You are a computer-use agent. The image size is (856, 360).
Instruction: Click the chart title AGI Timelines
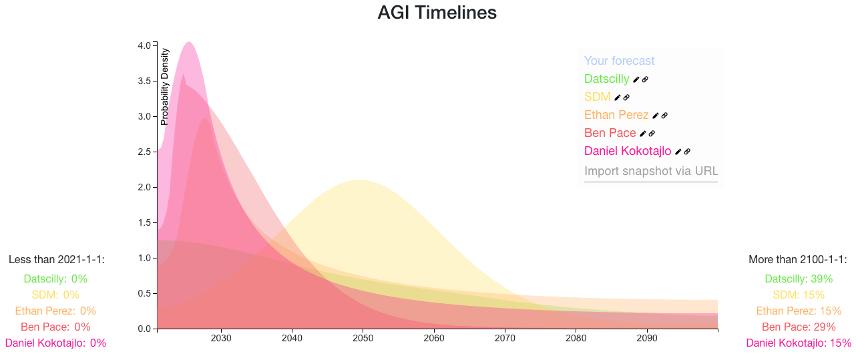click(x=437, y=12)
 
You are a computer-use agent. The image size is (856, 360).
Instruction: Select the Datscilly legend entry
click(x=606, y=79)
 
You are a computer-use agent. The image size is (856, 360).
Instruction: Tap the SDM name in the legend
click(x=598, y=97)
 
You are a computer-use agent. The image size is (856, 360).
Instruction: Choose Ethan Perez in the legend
click(x=616, y=115)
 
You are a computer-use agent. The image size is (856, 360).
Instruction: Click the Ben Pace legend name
click(x=610, y=133)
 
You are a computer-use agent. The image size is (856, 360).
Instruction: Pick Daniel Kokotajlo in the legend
click(x=628, y=151)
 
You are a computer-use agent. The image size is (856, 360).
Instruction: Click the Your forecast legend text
click(x=620, y=61)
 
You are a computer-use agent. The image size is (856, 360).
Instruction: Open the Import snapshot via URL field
click(x=651, y=171)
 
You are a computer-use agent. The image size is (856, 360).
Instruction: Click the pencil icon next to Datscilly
click(x=636, y=79)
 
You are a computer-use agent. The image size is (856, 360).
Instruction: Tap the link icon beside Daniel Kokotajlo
click(x=687, y=152)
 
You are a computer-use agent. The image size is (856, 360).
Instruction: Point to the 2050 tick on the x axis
click(x=363, y=331)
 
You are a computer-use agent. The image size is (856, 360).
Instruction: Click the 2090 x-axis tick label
click(x=647, y=338)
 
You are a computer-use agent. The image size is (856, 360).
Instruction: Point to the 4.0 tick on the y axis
click(x=155, y=45)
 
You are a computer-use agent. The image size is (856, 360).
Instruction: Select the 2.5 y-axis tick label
click(x=144, y=152)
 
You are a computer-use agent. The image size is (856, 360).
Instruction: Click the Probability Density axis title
click(x=165, y=87)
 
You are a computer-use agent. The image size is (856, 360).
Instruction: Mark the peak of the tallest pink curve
click(x=189, y=42)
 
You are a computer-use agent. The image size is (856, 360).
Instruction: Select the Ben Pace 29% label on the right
click(x=799, y=327)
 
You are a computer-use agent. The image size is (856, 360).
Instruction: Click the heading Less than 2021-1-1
click(x=57, y=260)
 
